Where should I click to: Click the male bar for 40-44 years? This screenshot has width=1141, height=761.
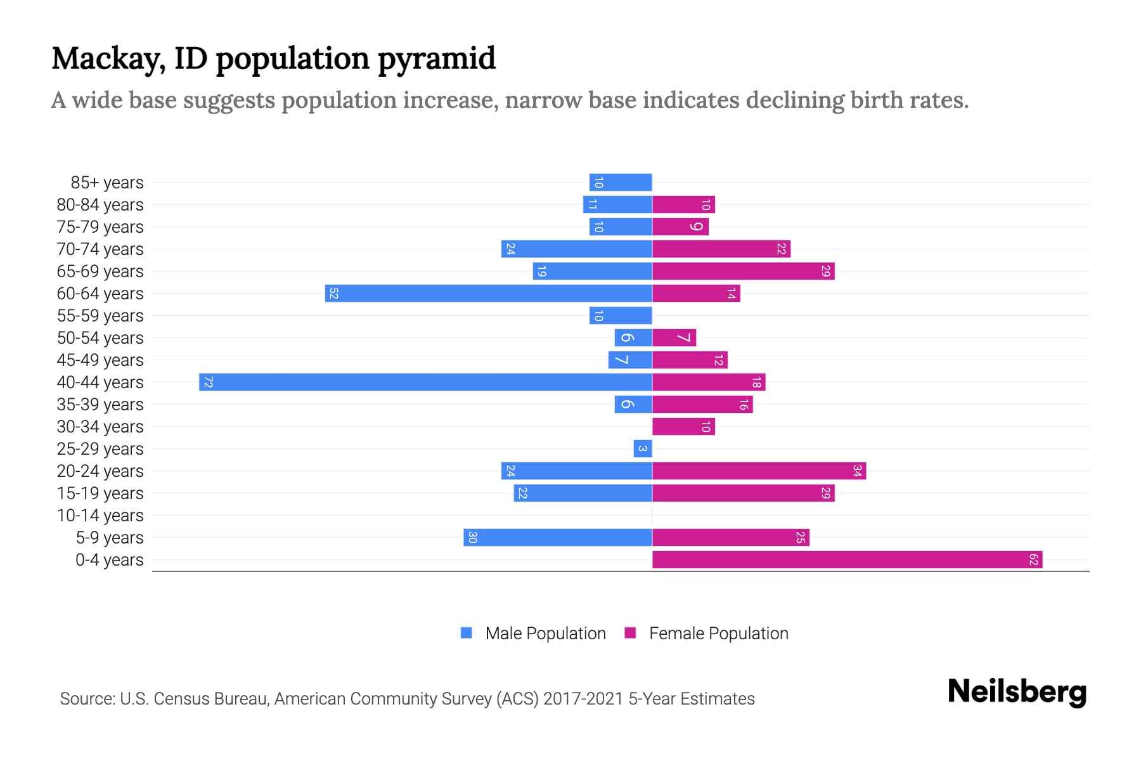click(425, 382)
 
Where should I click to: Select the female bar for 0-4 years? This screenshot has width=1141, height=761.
click(847, 560)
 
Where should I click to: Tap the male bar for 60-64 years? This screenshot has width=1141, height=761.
click(489, 294)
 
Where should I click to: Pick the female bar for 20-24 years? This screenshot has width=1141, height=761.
click(759, 471)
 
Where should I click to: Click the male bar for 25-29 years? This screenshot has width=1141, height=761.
click(643, 449)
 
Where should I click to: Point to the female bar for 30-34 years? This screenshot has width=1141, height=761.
click(683, 427)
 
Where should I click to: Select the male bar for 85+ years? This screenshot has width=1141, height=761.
click(621, 183)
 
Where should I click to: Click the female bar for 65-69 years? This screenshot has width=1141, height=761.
click(743, 271)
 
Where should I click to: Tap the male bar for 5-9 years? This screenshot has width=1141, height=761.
click(558, 538)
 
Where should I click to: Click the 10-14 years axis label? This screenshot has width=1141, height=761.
click(100, 516)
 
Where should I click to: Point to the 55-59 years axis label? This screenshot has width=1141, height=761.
click(100, 316)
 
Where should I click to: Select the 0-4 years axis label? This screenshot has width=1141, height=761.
click(109, 560)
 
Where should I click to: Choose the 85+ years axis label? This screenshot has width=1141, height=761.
click(107, 183)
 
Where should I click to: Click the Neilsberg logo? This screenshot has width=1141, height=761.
click(1017, 692)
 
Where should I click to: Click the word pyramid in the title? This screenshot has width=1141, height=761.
click(437, 59)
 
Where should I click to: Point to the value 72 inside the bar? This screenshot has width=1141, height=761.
click(208, 382)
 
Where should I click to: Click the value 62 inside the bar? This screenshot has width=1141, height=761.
click(1033, 560)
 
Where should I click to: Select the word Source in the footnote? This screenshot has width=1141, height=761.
click(86, 699)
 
